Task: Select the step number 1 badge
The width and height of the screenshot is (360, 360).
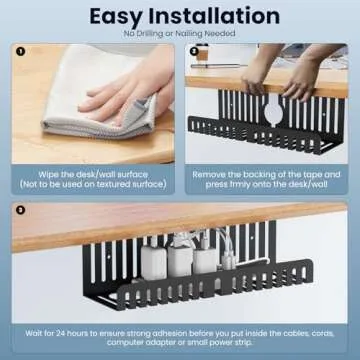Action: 20,51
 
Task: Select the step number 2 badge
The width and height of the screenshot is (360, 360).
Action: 195,51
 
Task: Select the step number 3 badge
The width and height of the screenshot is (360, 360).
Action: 20,211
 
